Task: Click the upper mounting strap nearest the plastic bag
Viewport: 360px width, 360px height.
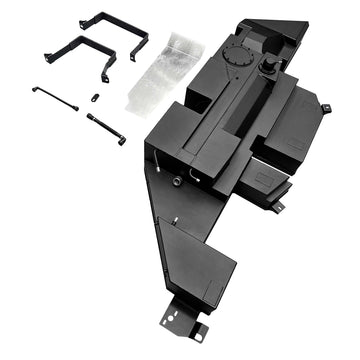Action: pyautogui.click(x=112, y=22)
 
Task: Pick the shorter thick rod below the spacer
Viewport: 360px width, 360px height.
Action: pyautogui.click(x=105, y=128)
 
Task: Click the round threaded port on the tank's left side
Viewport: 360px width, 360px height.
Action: pyautogui.click(x=176, y=181)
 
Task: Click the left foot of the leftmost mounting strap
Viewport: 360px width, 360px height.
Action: pyautogui.click(x=47, y=57)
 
